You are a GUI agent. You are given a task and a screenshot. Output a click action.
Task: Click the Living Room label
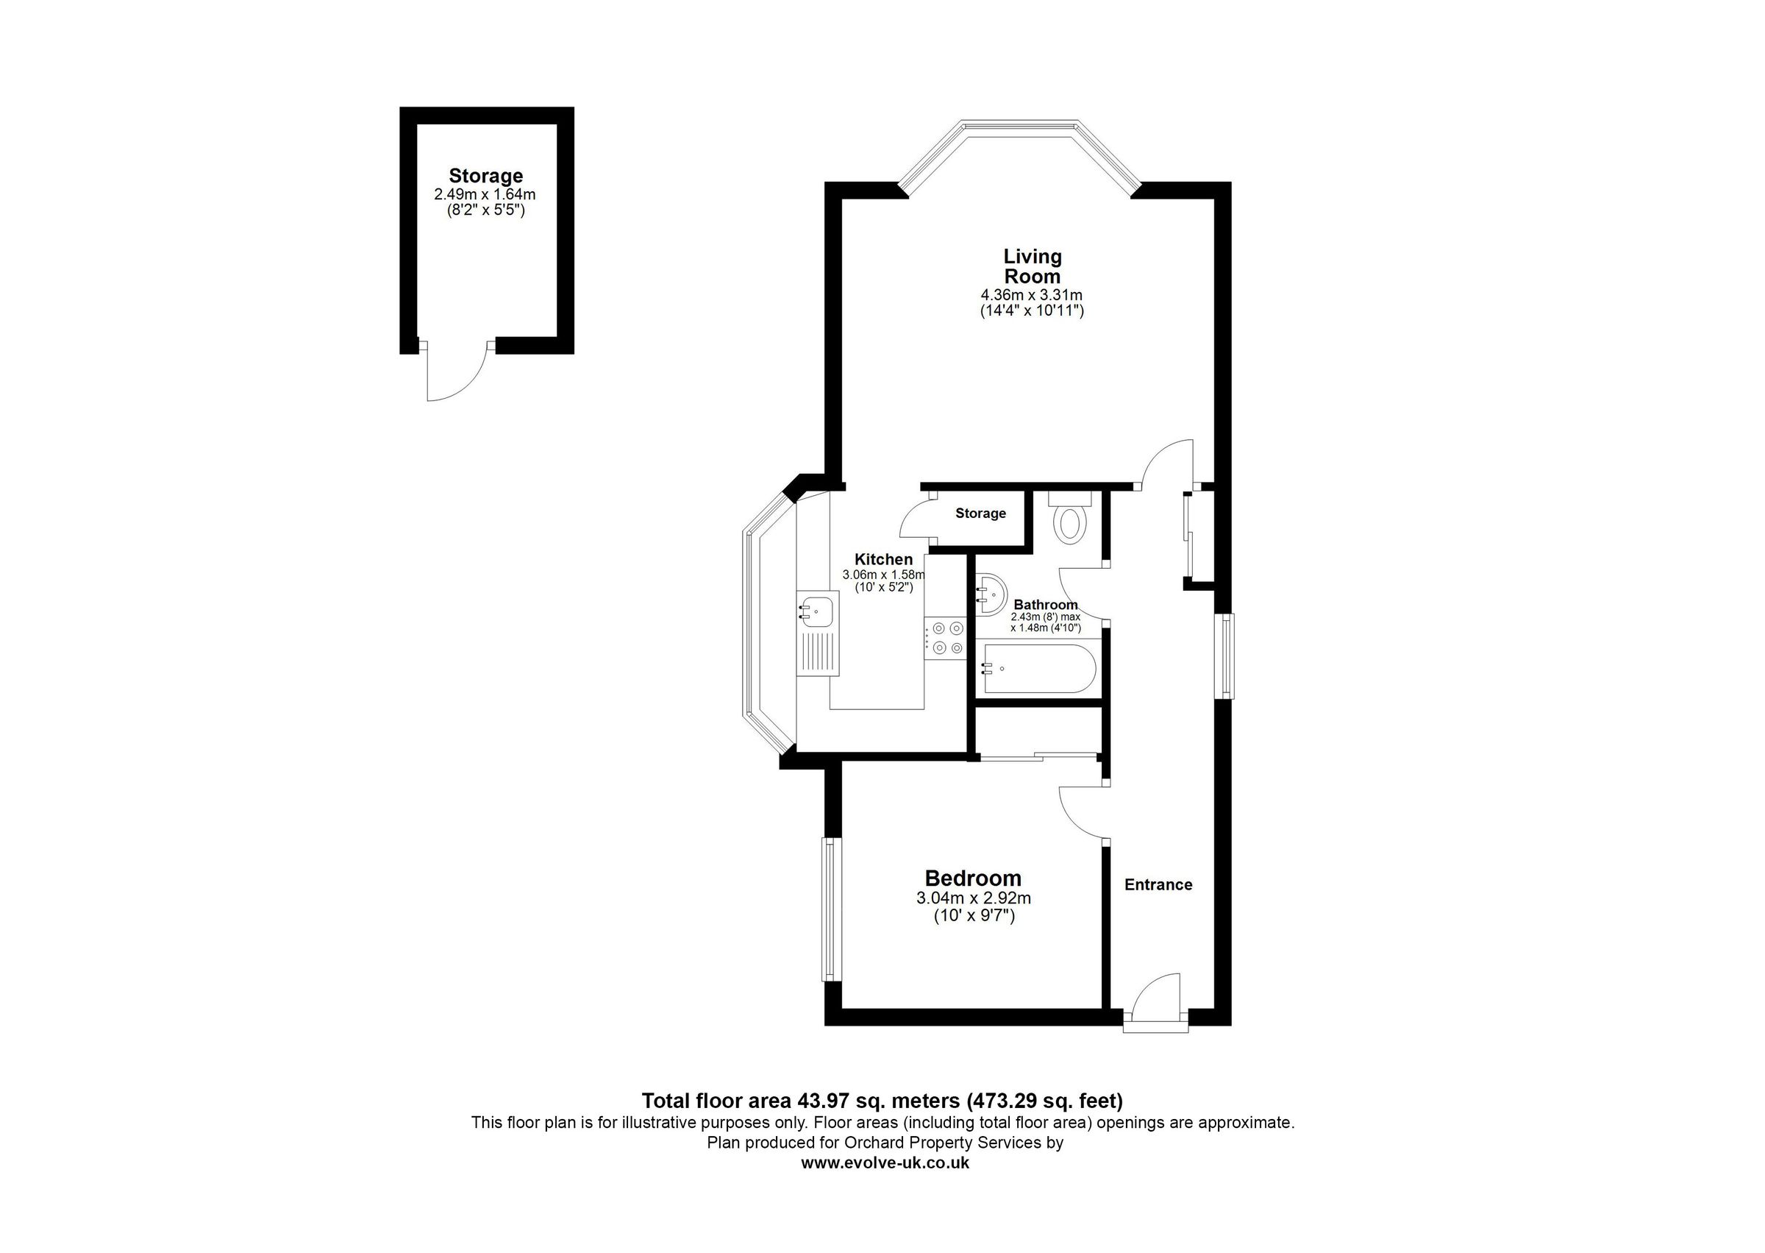tap(1032, 266)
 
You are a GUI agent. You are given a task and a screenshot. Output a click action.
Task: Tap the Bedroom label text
tap(972, 878)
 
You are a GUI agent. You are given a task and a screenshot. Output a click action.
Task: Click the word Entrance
tap(1158, 885)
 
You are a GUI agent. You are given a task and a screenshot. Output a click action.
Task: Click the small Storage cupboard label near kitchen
tap(980, 513)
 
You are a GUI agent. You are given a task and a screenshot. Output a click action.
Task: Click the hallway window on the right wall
tap(1224, 656)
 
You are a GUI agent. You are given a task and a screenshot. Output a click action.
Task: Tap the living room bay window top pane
tap(1019, 125)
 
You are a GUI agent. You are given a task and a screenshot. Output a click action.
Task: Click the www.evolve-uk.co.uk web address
tap(885, 1163)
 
